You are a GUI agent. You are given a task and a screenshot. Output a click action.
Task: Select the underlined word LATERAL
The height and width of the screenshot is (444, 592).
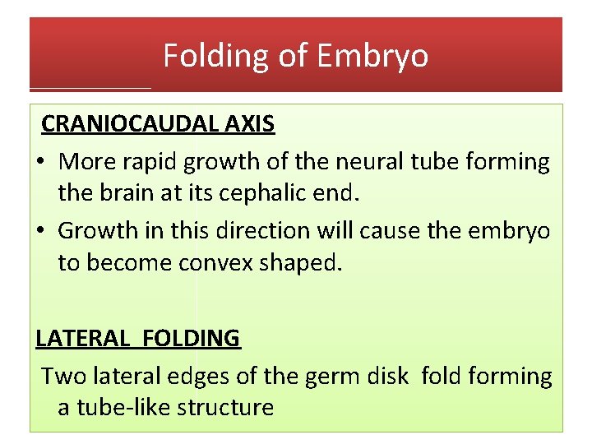click(x=79, y=338)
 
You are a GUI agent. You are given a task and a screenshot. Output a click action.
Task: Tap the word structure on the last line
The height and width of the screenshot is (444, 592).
click(x=225, y=407)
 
